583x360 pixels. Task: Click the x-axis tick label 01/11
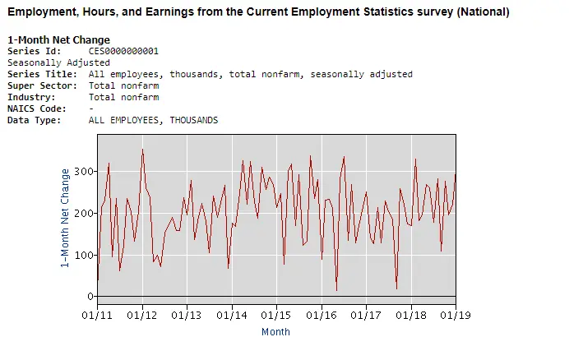pyautogui.click(x=97, y=315)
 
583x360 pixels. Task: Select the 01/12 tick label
pyautogui.click(x=142, y=315)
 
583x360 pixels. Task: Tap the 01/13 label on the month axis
pyautogui.click(x=187, y=315)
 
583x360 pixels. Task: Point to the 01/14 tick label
pyautogui.click(x=232, y=315)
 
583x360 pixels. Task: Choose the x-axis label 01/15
pyautogui.click(x=276, y=315)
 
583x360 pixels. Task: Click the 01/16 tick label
pyautogui.click(x=322, y=315)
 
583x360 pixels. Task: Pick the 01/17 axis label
pyautogui.click(x=366, y=315)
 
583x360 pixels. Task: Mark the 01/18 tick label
pyautogui.click(x=410, y=315)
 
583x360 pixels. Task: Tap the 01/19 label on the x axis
pyautogui.click(x=455, y=315)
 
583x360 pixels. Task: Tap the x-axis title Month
pyautogui.click(x=275, y=332)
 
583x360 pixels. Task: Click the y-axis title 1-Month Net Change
pyautogui.click(x=66, y=218)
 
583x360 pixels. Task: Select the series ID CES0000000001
pyautogui.click(x=123, y=51)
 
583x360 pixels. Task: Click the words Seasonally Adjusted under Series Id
pyautogui.click(x=58, y=62)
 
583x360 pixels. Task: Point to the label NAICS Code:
pyautogui.click(x=37, y=108)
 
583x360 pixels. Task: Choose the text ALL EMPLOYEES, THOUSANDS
pyautogui.click(x=153, y=120)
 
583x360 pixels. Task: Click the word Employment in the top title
pyautogui.click(x=39, y=12)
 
